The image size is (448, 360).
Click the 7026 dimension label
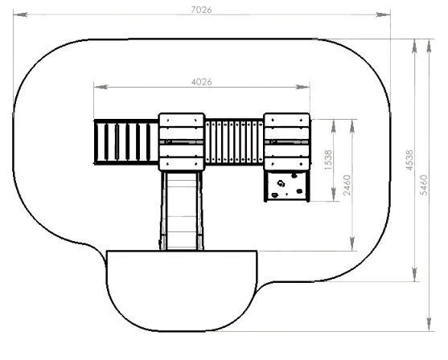(x=201, y=10)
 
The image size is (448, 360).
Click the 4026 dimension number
(x=202, y=82)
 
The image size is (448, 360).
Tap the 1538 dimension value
(x=329, y=160)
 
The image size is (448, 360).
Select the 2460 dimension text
(x=347, y=185)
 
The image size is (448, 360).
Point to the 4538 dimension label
(x=409, y=160)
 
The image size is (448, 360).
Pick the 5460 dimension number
(x=424, y=185)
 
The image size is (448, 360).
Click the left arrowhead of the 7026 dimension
(x=21, y=14)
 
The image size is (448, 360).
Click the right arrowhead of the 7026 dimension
(x=383, y=14)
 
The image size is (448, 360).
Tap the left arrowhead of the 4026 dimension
(x=101, y=87)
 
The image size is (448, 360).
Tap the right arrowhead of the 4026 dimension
(x=302, y=87)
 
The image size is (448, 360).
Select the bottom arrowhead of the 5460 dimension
(x=429, y=325)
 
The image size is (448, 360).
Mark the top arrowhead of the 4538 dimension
(x=414, y=46)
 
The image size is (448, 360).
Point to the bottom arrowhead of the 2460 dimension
(x=352, y=243)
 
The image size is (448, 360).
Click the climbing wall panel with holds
(x=287, y=186)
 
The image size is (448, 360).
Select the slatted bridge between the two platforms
(x=234, y=142)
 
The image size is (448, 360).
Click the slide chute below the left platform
(x=182, y=211)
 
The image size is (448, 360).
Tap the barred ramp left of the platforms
(x=126, y=142)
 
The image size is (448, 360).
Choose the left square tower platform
(x=182, y=142)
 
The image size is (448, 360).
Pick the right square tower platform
(x=286, y=142)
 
